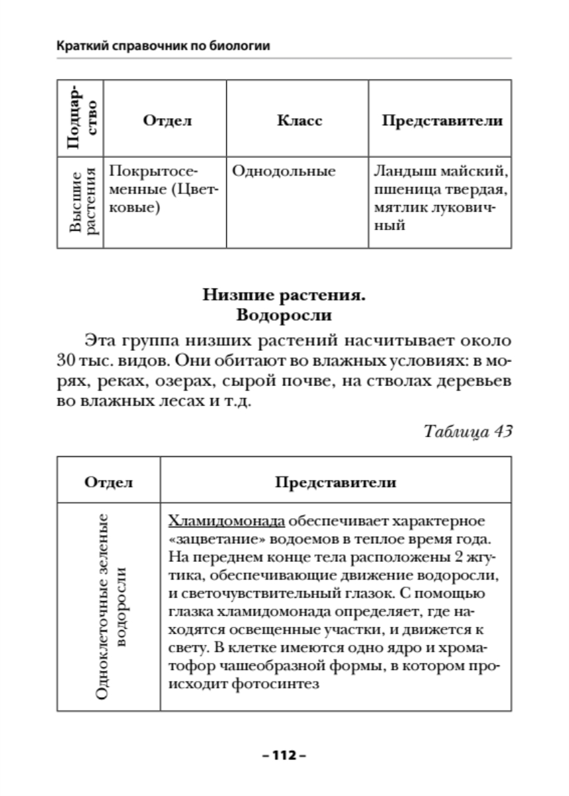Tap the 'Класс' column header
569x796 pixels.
(x=299, y=121)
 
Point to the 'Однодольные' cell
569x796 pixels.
(x=284, y=172)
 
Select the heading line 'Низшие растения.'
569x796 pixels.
(x=284, y=294)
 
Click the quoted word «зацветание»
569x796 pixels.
(x=210, y=537)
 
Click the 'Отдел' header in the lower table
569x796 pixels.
(x=108, y=482)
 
